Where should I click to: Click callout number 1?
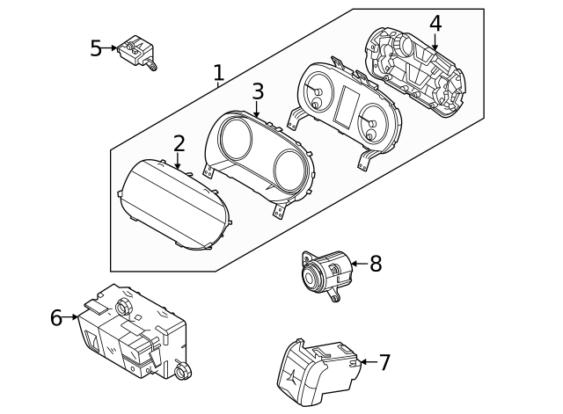218,73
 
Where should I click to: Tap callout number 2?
179,143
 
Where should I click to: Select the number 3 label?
257,91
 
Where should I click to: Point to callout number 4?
435,24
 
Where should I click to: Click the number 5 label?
97,47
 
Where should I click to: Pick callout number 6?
56,317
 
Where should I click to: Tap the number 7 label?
384,362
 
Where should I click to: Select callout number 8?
376,263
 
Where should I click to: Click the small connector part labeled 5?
138,49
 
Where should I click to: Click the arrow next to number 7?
364,362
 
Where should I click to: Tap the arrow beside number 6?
72,317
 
